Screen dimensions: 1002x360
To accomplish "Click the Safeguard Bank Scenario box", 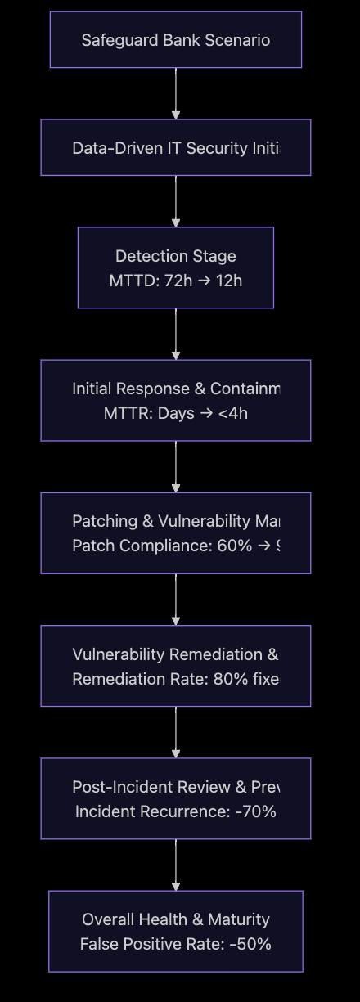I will tap(175, 39).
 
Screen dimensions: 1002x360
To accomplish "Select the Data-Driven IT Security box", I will tap(175, 148).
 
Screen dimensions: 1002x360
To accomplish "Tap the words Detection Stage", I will tap(175, 256).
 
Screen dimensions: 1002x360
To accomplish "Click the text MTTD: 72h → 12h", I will tap(175, 281).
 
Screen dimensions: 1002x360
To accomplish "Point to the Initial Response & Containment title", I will tap(175, 389).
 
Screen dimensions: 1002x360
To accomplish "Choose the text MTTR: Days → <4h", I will tap(175, 413).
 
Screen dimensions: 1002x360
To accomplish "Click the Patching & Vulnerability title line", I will tap(175, 521).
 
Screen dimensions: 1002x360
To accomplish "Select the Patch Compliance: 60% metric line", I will tap(175, 546).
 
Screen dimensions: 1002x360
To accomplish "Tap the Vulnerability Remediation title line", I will tap(175, 654).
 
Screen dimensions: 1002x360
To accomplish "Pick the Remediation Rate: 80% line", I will tap(175, 678).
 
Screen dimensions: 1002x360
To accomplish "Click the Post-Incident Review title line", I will tap(175, 786).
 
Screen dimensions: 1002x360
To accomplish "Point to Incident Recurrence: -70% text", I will tap(175, 811).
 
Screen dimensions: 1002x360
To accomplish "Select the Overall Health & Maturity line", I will tap(175, 919).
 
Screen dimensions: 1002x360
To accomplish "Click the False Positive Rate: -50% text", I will tap(175, 944).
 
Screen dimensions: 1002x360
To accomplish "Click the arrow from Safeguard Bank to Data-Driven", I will tap(175, 93).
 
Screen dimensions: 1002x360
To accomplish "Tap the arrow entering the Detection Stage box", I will tap(175, 201).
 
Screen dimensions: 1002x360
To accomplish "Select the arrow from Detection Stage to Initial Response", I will tap(175, 334).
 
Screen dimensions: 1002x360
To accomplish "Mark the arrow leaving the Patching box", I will tap(175, 599).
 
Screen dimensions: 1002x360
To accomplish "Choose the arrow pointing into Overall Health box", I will tap(175, 865).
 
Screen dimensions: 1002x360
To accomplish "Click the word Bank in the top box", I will tap(172, 40).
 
